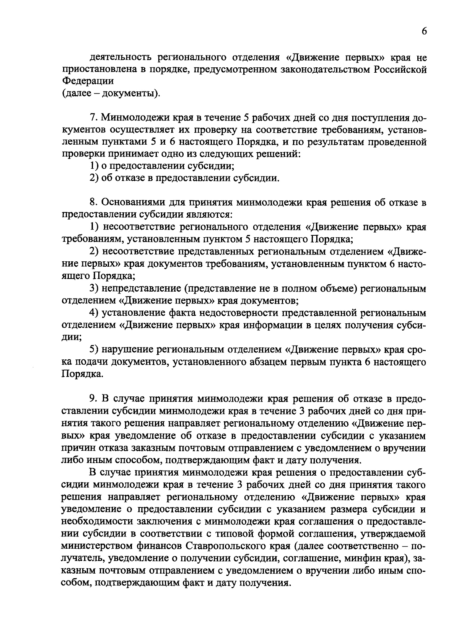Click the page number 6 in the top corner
point(424,32)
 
